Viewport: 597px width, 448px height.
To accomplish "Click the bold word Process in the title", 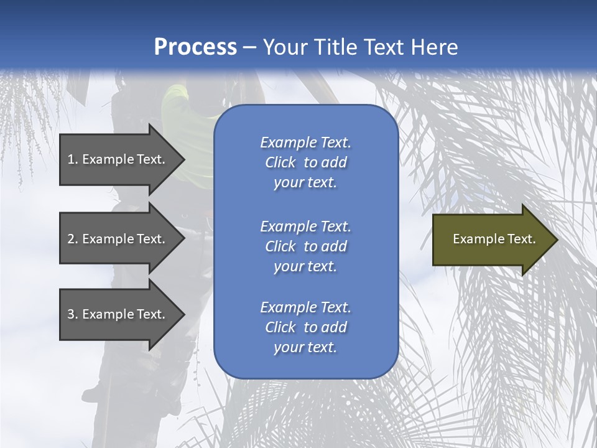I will [195, 47].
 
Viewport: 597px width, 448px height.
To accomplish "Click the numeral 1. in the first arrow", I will [73, 159].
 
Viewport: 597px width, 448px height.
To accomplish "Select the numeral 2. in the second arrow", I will [73, 239].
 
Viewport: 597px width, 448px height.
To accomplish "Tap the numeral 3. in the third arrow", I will [73, 314].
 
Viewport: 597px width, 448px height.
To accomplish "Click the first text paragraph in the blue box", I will [305, 162].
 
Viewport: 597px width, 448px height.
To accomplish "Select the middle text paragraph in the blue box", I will [305, 246].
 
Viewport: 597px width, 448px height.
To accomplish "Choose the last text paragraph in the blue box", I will [305, 327].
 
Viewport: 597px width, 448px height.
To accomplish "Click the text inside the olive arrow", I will [494, 239].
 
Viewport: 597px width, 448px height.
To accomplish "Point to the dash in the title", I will [249, 47].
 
